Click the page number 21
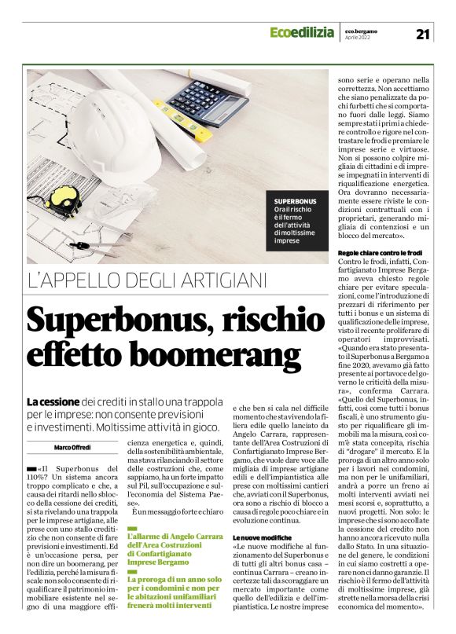pyautogui.click(x=423, y=33)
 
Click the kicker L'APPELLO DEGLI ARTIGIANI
pyautogui.click(x=147, y=280)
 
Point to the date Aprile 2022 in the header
pyautogui.click(x=359, y=38)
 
